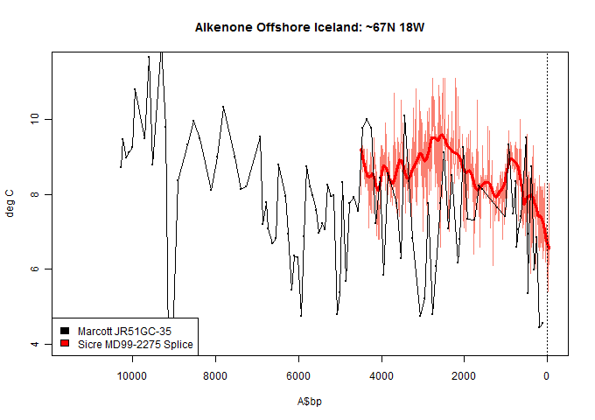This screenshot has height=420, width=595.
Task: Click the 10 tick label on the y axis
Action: [34, 119]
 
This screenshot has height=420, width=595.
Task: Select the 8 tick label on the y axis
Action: [34, 194]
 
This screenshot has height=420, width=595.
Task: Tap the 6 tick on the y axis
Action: [34, 269]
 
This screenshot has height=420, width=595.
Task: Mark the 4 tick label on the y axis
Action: [34, 344]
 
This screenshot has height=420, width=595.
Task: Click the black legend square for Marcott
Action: [64, 331]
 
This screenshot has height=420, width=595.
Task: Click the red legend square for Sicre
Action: [64, 345]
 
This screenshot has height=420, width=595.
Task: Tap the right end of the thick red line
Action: [549, 248]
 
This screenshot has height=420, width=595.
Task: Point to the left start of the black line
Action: [121, 166]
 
